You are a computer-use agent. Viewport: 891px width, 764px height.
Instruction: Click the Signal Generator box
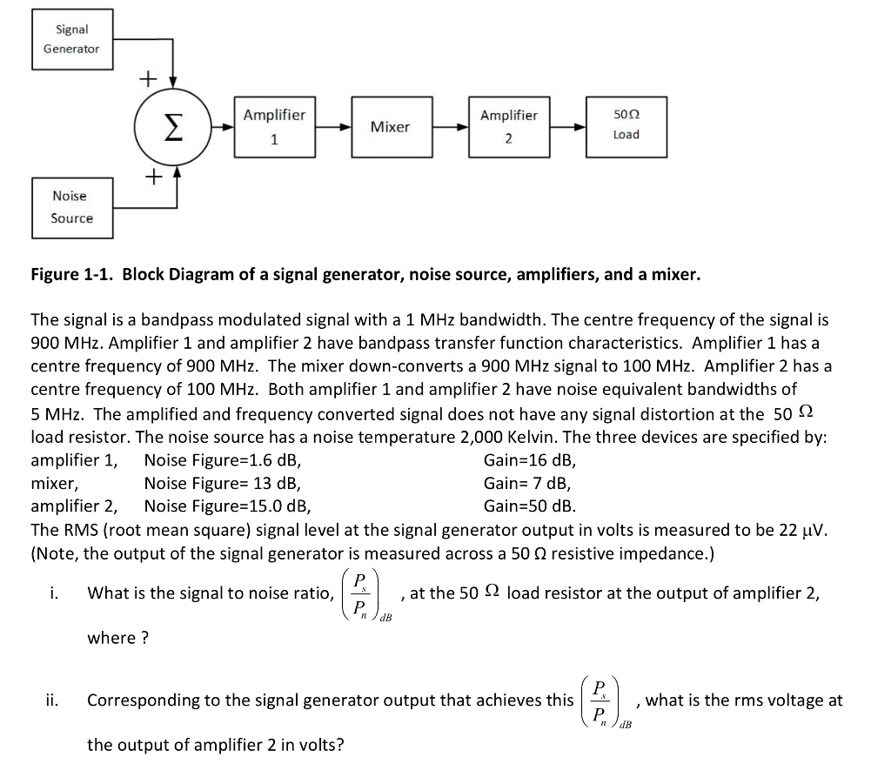[72, 39]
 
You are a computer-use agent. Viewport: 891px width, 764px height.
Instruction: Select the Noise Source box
[72, 207]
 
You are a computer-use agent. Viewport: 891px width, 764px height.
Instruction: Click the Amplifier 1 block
[274, 127]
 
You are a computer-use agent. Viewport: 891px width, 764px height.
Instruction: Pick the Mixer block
[390, 127]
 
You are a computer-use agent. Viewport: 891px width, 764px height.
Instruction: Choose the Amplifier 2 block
[509, 127]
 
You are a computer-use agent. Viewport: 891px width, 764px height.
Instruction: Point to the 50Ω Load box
[626, 127]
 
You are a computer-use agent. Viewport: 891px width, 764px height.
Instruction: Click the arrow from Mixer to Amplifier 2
[448, 127]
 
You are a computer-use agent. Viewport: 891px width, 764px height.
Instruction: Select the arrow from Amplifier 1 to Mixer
[333, 127]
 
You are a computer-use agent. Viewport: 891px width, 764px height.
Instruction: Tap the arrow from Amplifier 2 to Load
[568, 127]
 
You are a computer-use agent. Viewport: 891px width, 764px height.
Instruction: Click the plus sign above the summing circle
[149, 79]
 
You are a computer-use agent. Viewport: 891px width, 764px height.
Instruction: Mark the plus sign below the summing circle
[153, 178]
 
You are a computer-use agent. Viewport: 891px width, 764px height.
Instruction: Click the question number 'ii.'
[53, 700]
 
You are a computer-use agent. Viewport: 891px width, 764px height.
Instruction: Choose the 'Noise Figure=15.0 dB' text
[227, 506]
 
